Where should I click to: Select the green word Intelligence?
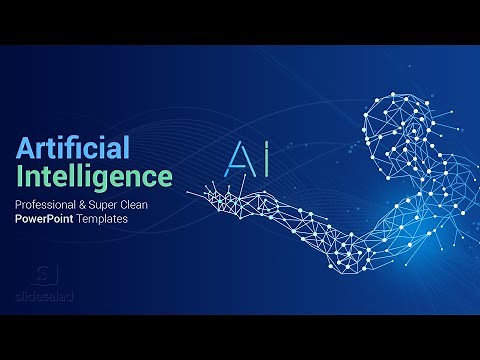pos(93,177)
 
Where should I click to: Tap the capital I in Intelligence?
pos(19,177)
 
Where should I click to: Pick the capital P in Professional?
pos(18,203)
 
